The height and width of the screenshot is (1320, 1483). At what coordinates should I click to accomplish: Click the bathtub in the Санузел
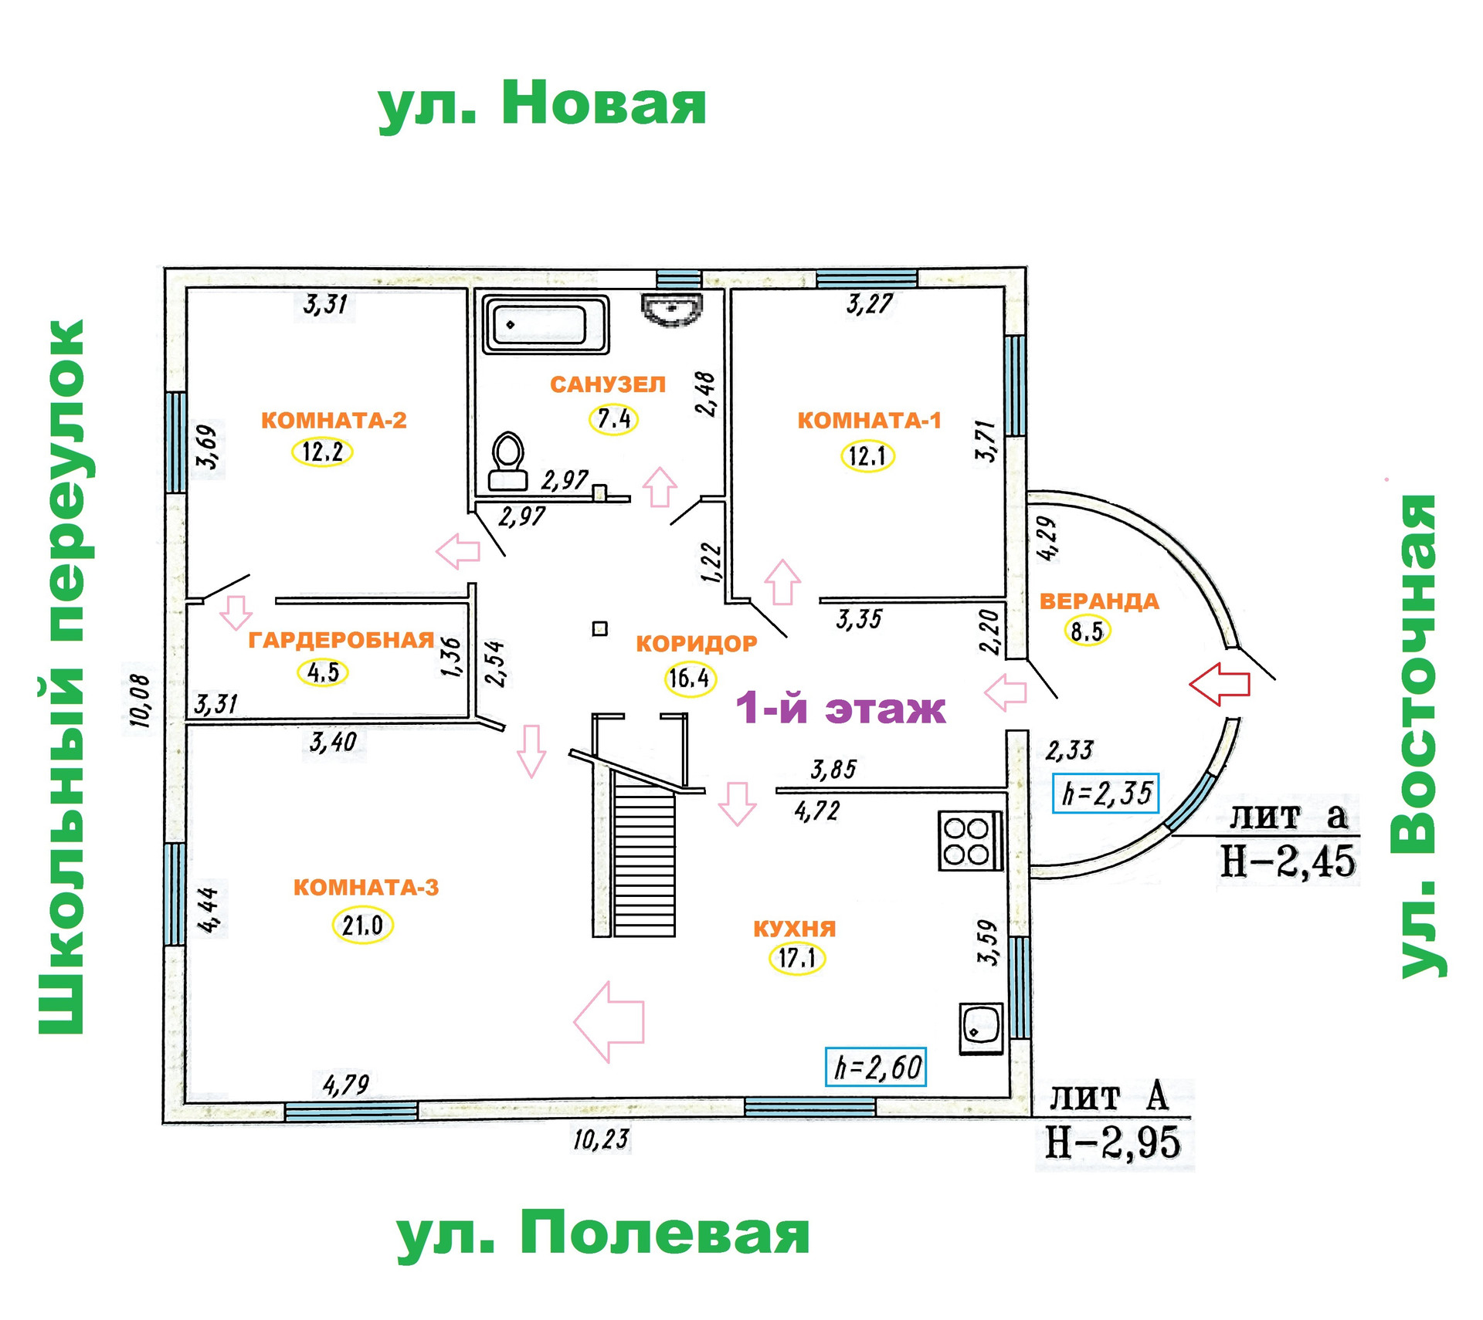pyautogui.click(x=545, y=325)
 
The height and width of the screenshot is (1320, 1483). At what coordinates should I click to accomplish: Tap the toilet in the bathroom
pyautogui.click(x=507, y=462)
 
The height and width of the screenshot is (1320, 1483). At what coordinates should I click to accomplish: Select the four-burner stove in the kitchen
pyautogui.click(x=969, y=841)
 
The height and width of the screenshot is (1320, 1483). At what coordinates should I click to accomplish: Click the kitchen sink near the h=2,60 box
pyautogui.click(x=980, y=1027)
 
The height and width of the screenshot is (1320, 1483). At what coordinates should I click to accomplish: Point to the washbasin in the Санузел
pyautogui.click(x=671, y=309)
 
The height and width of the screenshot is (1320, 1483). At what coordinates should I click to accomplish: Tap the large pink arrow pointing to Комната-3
pyautogui.click(x=609, y=1021)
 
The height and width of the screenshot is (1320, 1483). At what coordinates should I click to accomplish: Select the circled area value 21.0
pyautogui.click(x=362, y=925)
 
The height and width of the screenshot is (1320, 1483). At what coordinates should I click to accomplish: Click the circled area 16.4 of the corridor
pyautogui.click(x=690, y=679)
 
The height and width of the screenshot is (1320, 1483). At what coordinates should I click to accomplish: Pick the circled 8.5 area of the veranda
pyautogui.click(x=1087, y=631)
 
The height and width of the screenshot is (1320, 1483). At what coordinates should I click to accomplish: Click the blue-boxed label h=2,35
pyautogui.click(x=1105, y=793)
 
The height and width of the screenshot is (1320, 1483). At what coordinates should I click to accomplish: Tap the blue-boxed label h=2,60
pyautogui.click(x=875, y=1067)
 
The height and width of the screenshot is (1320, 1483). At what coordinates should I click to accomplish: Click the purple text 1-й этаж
pyautogui.click(x=840, y=708)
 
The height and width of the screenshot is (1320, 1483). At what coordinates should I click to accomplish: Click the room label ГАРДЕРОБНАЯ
pyautogui.click(x=341, y=640)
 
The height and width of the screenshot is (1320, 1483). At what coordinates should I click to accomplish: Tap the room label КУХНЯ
pyautogui.click(x=794, y=928)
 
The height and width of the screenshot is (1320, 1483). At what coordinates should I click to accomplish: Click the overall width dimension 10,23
pyautogui.click(x=601, y=1139)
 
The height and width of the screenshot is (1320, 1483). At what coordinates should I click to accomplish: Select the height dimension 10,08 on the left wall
pyautogui.click(x=140, y=701)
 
